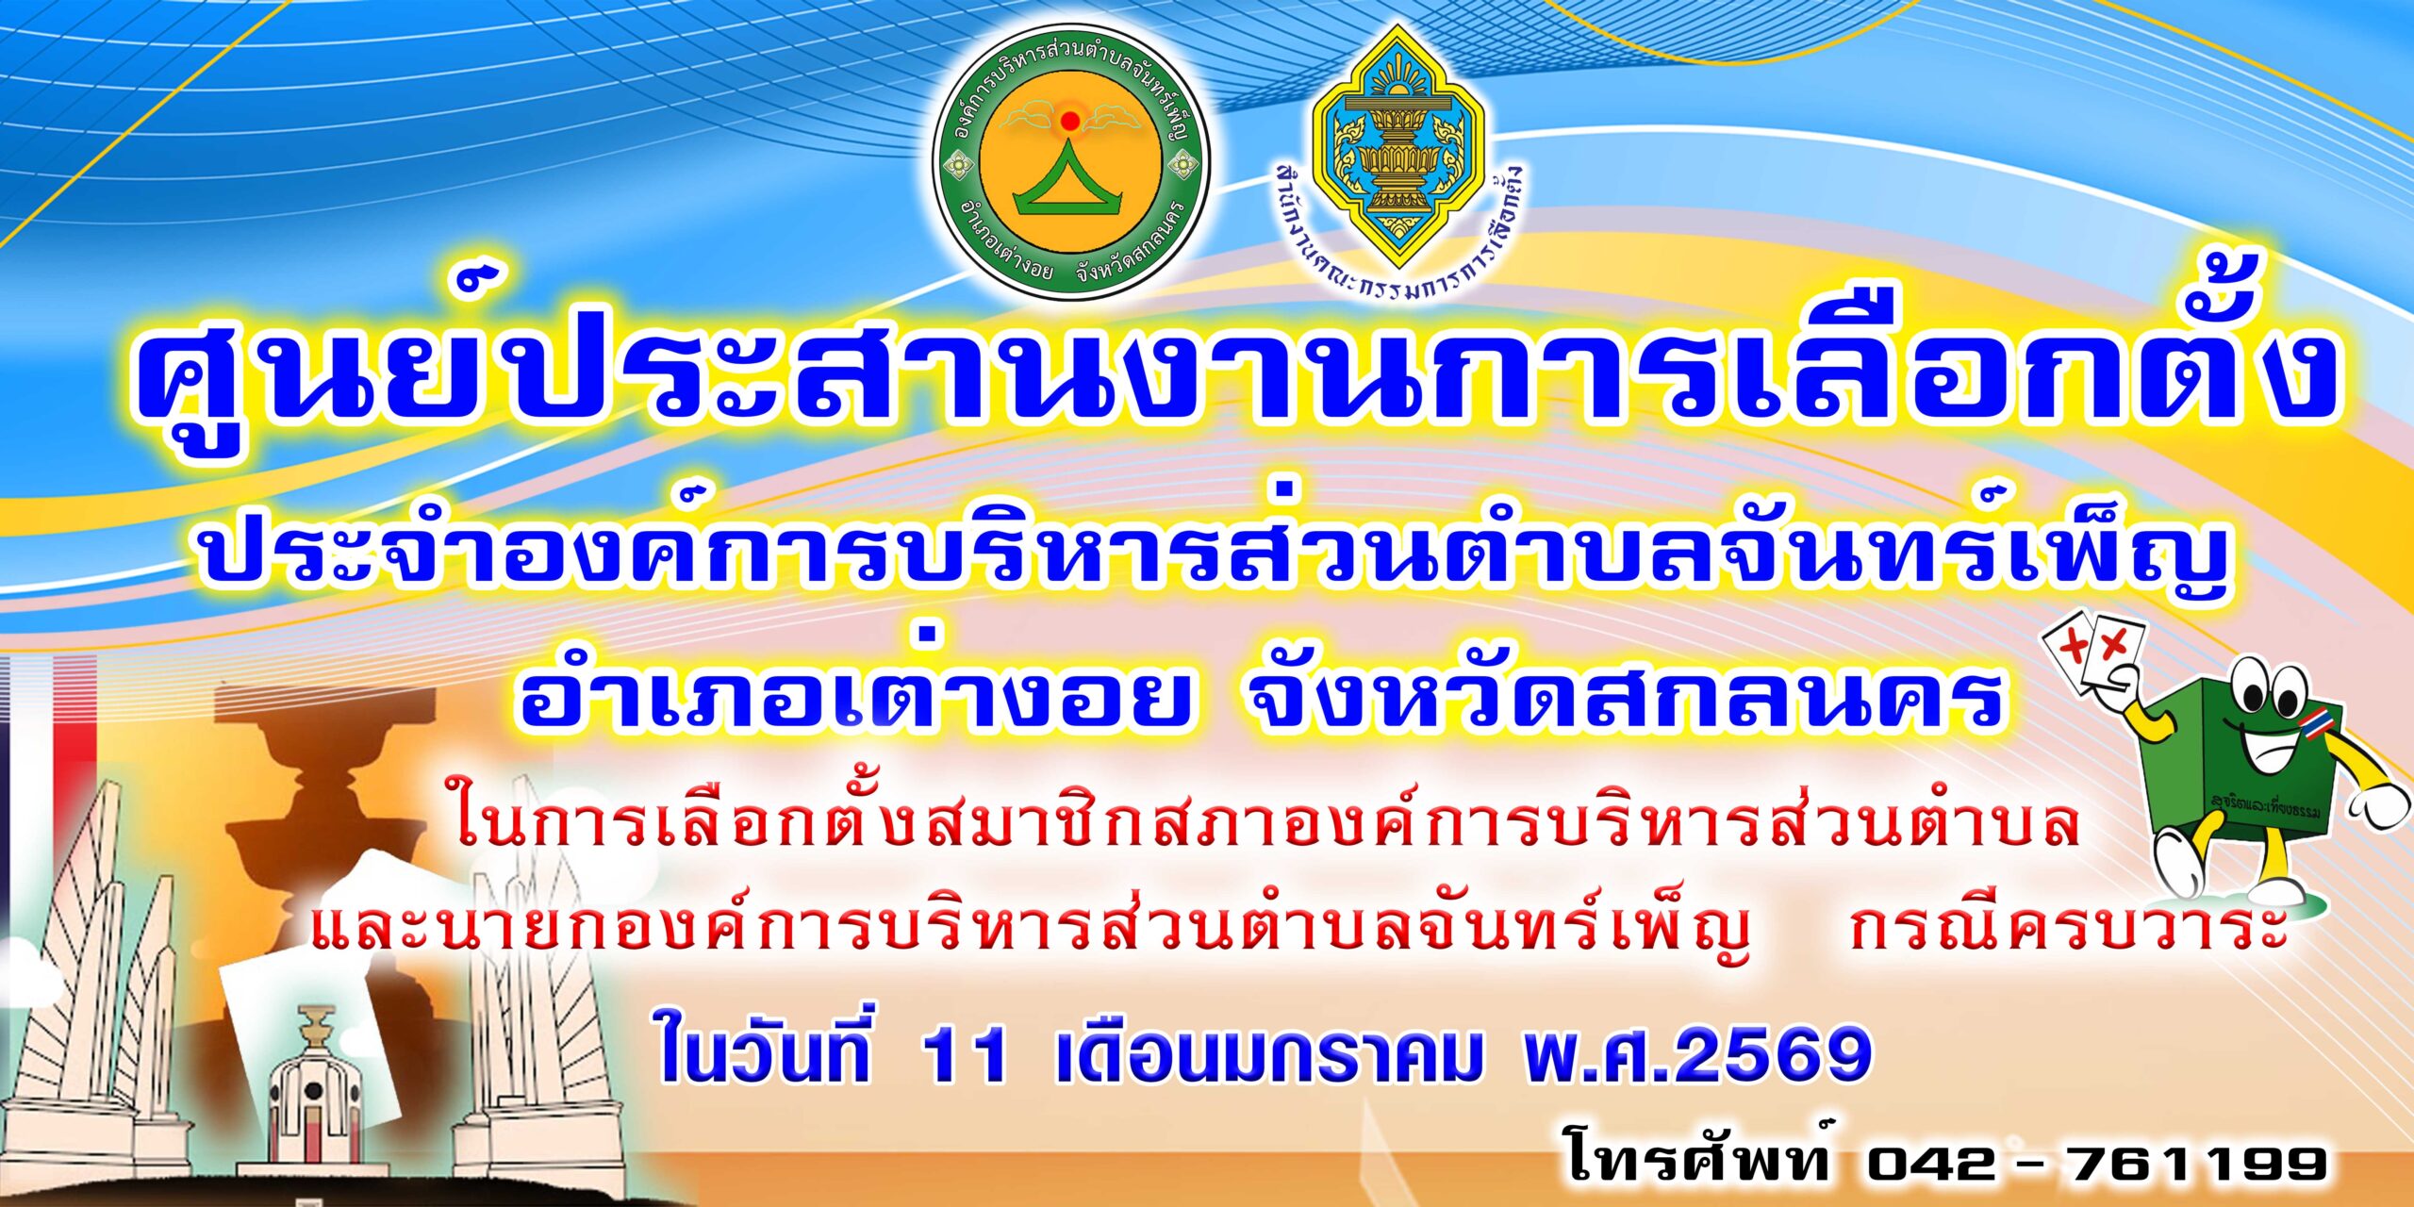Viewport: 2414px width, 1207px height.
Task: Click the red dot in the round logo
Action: point(1069,121)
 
